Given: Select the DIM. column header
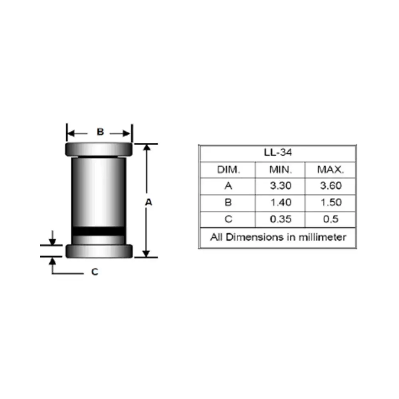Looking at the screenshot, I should (229, 170).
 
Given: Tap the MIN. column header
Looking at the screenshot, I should (280, 170).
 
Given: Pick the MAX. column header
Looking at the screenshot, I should (330, 170).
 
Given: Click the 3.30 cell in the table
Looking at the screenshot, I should (280, 186).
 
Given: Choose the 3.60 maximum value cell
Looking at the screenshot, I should (330, 186).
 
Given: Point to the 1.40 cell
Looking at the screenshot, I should (280, 203).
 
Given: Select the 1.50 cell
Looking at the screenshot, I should (330, 203).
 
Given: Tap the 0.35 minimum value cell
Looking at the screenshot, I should (280, 219).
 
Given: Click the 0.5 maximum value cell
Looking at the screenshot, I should (330, 219).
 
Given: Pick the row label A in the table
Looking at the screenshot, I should (228, 186).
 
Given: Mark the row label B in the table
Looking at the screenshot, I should (228, 203).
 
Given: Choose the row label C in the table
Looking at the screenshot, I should (228, 219).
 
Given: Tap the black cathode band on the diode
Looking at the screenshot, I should (98, 231).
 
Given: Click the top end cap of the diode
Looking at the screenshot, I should (99, 150).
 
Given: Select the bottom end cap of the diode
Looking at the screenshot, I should (99, 251).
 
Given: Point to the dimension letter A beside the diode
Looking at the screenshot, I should (148, 203).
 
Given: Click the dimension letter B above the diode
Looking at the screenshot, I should (101, 132).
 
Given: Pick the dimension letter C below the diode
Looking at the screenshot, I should (95, 272).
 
